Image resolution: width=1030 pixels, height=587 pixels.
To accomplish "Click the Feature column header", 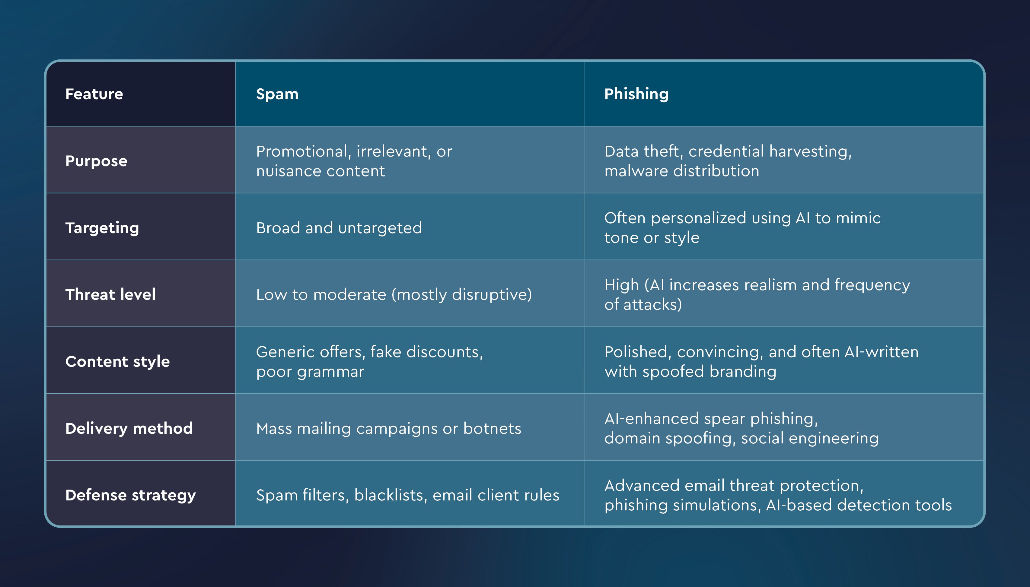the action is point(94,94).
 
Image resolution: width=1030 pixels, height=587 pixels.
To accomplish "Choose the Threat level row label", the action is point(110,295).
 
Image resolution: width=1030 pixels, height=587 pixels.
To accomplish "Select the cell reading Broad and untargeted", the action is point(339,228).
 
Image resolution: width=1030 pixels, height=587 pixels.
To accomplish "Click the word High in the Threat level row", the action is point(621,285).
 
